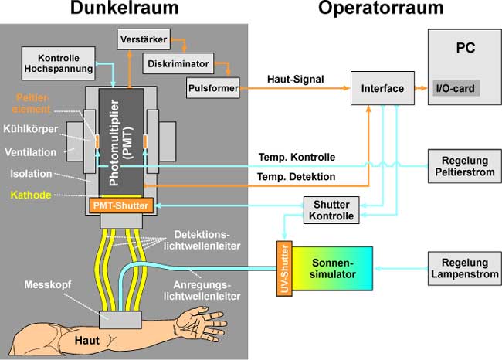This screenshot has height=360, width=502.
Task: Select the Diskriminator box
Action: coord(179,63)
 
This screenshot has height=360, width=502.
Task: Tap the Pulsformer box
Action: coord(212,89)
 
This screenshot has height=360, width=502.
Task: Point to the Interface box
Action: coord(382,89)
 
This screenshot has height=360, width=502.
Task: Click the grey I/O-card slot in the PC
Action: coord(456,88)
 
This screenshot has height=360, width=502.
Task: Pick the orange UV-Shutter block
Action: coord(283,268)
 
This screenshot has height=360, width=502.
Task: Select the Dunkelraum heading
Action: coord(124,10)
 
